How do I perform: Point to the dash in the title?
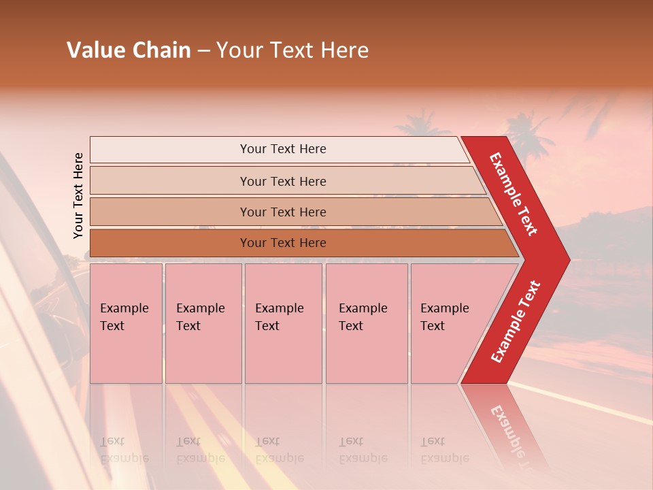pyautogui.click(x=203, y=50)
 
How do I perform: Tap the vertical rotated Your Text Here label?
pyautogui.click(x=78, y=195)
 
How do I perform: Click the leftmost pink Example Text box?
pyautogui.click(x=126, y=323)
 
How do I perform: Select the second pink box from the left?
pyautogui.click(x=203, y=323)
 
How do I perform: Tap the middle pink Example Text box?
pyautogui.click(x=283, y=323)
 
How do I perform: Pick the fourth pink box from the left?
pyautogui.click(x=367, y=323)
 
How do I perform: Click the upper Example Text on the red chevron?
pyautogui.click(x=514, y=194)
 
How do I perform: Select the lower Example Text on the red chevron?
pyautogui.click(x=516, y=322)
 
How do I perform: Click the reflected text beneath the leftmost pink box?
pyautogui.click(x=124, y=450)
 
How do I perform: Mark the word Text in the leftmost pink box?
pyautogui.click(x=112, y=326)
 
